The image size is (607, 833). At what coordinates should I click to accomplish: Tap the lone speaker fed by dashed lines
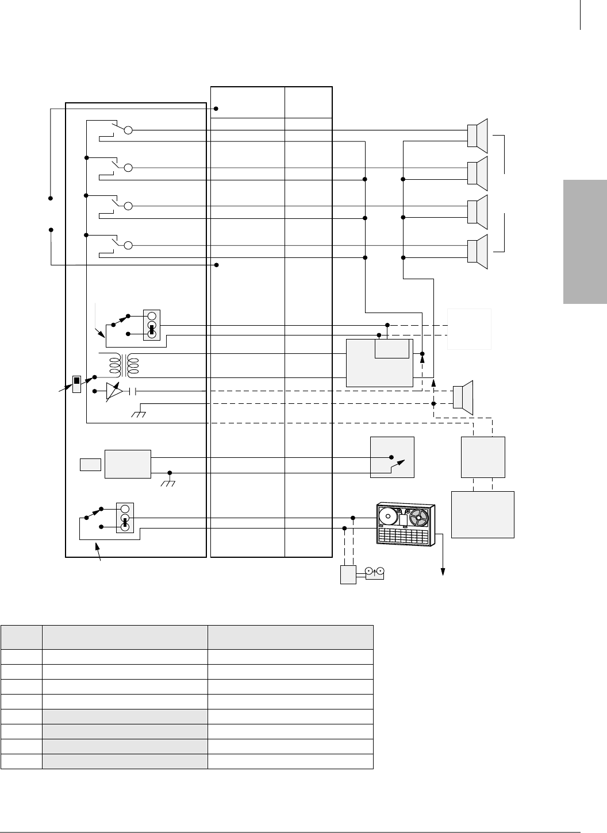click(463, 397)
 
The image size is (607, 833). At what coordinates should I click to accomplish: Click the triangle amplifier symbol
click(114, 392)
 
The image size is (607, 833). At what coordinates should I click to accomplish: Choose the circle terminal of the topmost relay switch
click(129, 130)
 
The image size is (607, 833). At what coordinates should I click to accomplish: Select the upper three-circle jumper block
click(152, 325)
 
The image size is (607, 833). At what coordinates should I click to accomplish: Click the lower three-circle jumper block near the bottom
click(125, 518)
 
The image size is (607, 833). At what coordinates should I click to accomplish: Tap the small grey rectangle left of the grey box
click(90, 464)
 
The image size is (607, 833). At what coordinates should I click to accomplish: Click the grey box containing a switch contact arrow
click(393, 457)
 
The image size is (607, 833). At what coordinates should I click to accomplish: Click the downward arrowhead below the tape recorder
click(443, 570)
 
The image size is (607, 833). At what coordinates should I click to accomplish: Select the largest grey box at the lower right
click(483, 514)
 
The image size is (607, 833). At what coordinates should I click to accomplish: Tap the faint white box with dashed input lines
click(470, 329)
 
